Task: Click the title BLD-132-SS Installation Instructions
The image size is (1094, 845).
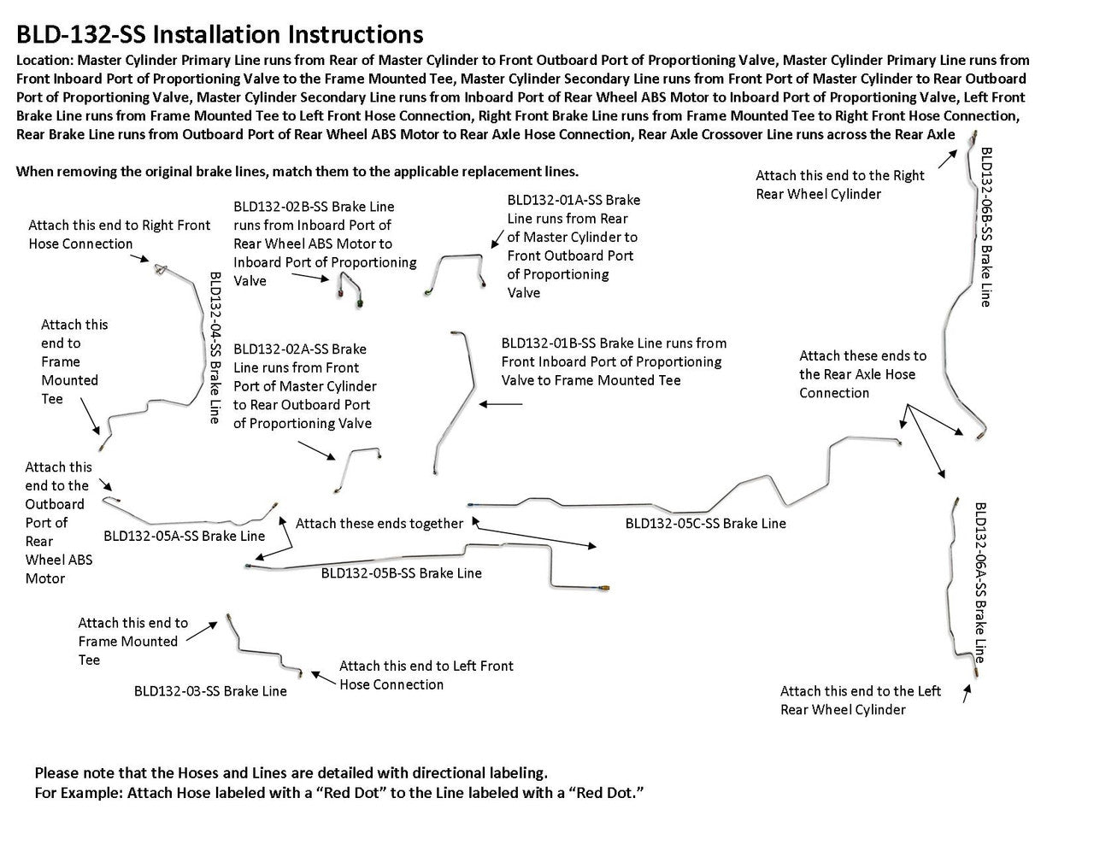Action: pyautogui.click(x=219, y=34)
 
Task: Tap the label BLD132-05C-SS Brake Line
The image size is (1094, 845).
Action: pyautogui.click(x=705, y=523)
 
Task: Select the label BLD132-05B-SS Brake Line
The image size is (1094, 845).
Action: pyautogui.click(x=401, y=573)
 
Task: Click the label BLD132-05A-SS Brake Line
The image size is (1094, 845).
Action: pyautogui.click(x=184, y=536)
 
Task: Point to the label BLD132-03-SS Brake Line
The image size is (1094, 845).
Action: pyautogui.click(x=210, y=691)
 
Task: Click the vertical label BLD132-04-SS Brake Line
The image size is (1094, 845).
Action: pyautogui.click(x=215, y=347)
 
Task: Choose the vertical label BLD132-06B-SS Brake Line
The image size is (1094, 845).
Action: pyautogui.click(x=985, y=226)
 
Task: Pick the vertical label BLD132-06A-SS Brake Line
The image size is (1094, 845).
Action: pyautogui.click(x=980, y=581)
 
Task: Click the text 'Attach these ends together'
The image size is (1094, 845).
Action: pyautogui.click(x=379, y=523)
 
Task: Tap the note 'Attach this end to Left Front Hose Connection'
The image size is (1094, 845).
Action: pyautogui.click(x=426, y=675)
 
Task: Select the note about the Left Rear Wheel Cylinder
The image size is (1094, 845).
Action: pyautogui.click(x=860, y=700)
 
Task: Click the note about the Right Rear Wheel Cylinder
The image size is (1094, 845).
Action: pyautogui.click(x=839, y=185)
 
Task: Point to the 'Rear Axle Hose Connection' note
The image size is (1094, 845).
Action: pyautogui.click(x=862, y=374)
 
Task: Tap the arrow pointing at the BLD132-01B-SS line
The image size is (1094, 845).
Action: pyautogui.click(x=502, y=403)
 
